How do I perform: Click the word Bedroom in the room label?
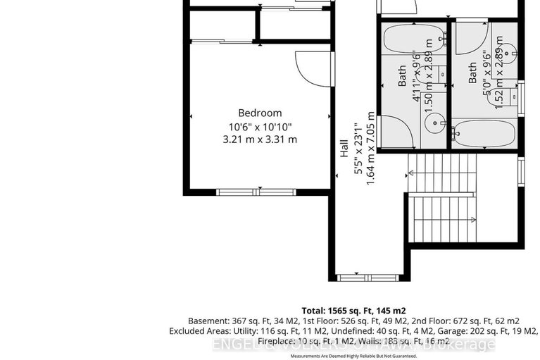click(260, 113)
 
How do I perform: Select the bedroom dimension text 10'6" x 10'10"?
click(260, 126)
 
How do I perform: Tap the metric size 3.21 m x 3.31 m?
click(260, 139)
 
